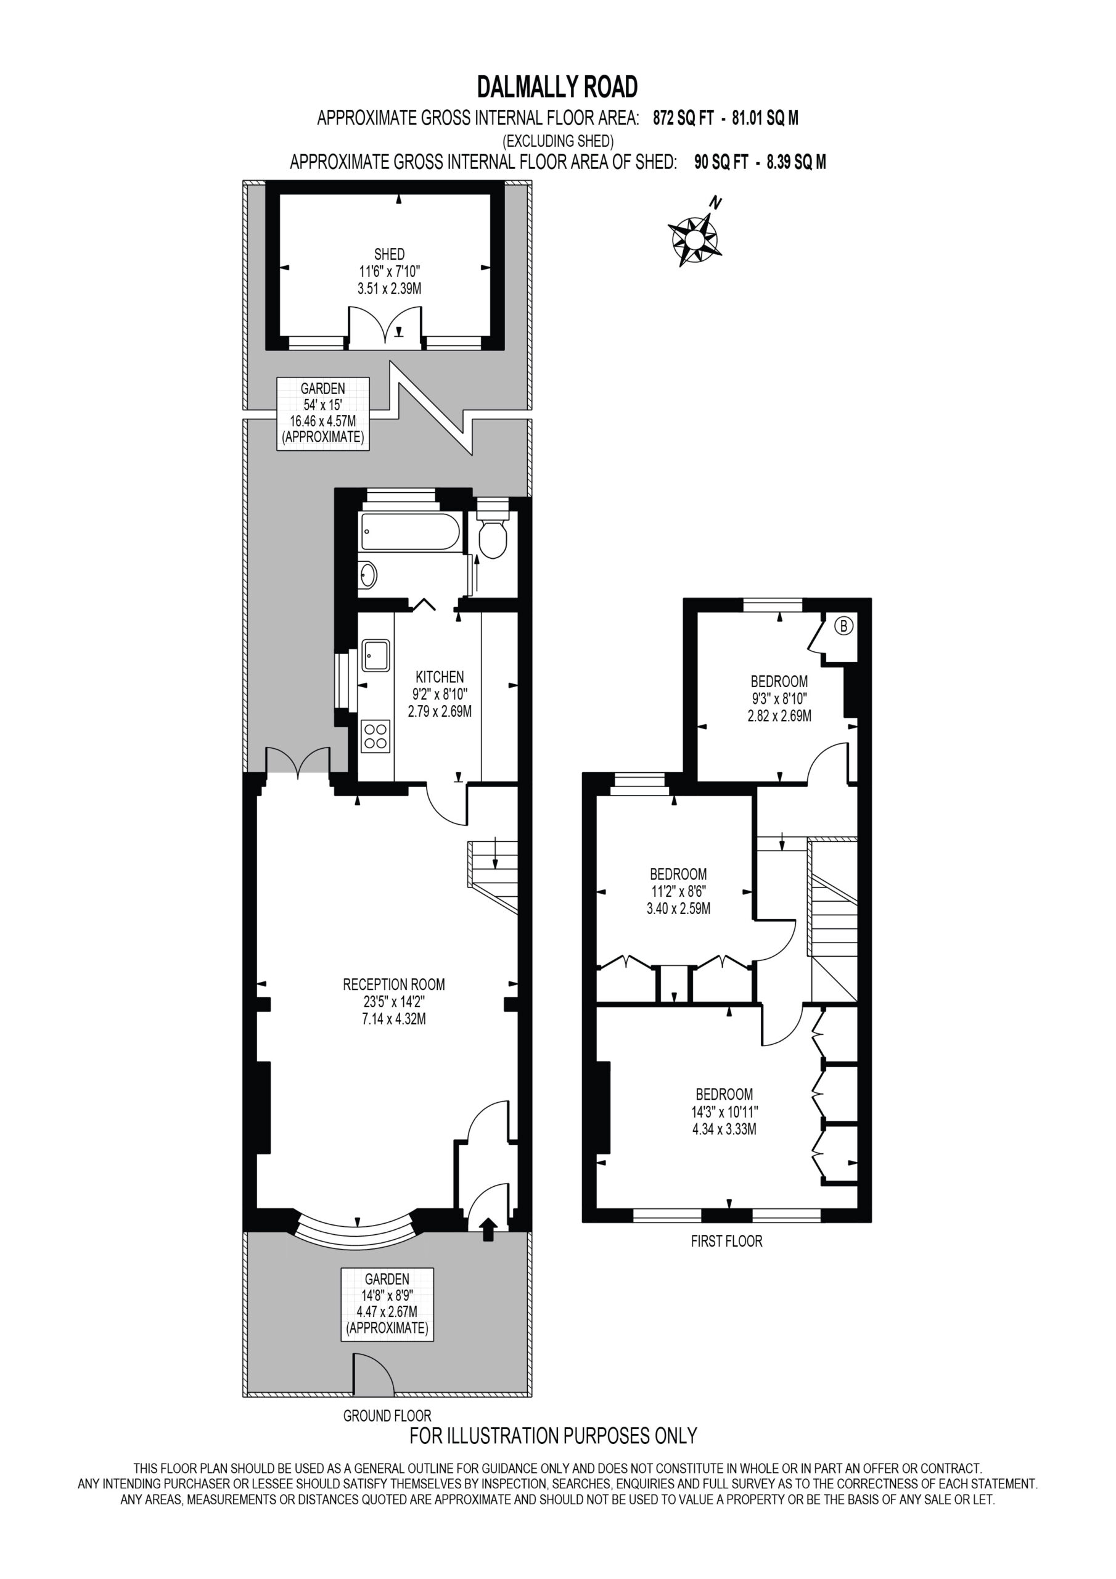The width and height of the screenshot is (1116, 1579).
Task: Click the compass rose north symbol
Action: [x=694, y=236]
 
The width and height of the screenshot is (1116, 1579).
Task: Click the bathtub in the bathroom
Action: [x=411, y=532]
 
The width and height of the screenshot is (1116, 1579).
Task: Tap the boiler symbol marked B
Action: [x=844, y=626]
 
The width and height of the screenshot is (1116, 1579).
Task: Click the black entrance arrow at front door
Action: [x=488, y=1229]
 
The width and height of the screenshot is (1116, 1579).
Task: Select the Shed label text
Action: [x=389, y=255]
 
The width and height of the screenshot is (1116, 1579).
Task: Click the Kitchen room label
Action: [x=440, y=677]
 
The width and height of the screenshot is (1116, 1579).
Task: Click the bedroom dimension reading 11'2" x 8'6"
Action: [x=678, y=892]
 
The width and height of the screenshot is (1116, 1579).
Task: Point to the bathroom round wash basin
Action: [x=369, y=574]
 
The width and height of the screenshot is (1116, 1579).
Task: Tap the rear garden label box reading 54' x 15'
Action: [x=323, y=413]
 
